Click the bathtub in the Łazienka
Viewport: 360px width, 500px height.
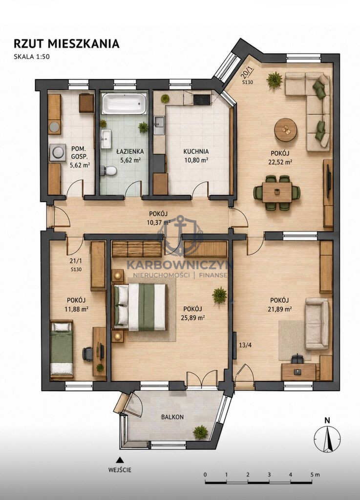(x=124, y=104)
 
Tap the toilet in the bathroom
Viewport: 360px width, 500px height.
(x=108, y=171)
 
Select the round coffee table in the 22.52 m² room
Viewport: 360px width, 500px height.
(x=286, y=130)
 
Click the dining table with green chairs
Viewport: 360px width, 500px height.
(x=277, y=192)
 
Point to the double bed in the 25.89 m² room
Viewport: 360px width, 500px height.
(x=140, y=307)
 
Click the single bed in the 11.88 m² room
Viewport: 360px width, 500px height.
(x=62, y=349)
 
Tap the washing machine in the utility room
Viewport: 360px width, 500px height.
(x=58, y=152)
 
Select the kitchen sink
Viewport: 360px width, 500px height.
(x=159, y=125)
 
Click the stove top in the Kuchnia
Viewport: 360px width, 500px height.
(x=202, y=100)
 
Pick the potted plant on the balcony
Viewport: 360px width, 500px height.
(x=200, y=432)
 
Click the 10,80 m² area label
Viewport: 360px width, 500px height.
(x=196, y=160)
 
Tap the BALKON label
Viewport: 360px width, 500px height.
(x=172, y=417)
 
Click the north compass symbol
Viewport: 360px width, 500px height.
(x=327, y=438)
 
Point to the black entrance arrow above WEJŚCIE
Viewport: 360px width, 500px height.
(x=120, y=459)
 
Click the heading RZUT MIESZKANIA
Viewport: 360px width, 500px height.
(x=66, y=43)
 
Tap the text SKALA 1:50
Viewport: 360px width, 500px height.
(x=32, y=57)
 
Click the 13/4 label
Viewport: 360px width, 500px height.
(x=245, y=345)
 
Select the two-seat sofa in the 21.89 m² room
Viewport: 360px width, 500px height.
(x=317, y=324)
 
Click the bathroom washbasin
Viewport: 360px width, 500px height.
(x=106, y=139)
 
